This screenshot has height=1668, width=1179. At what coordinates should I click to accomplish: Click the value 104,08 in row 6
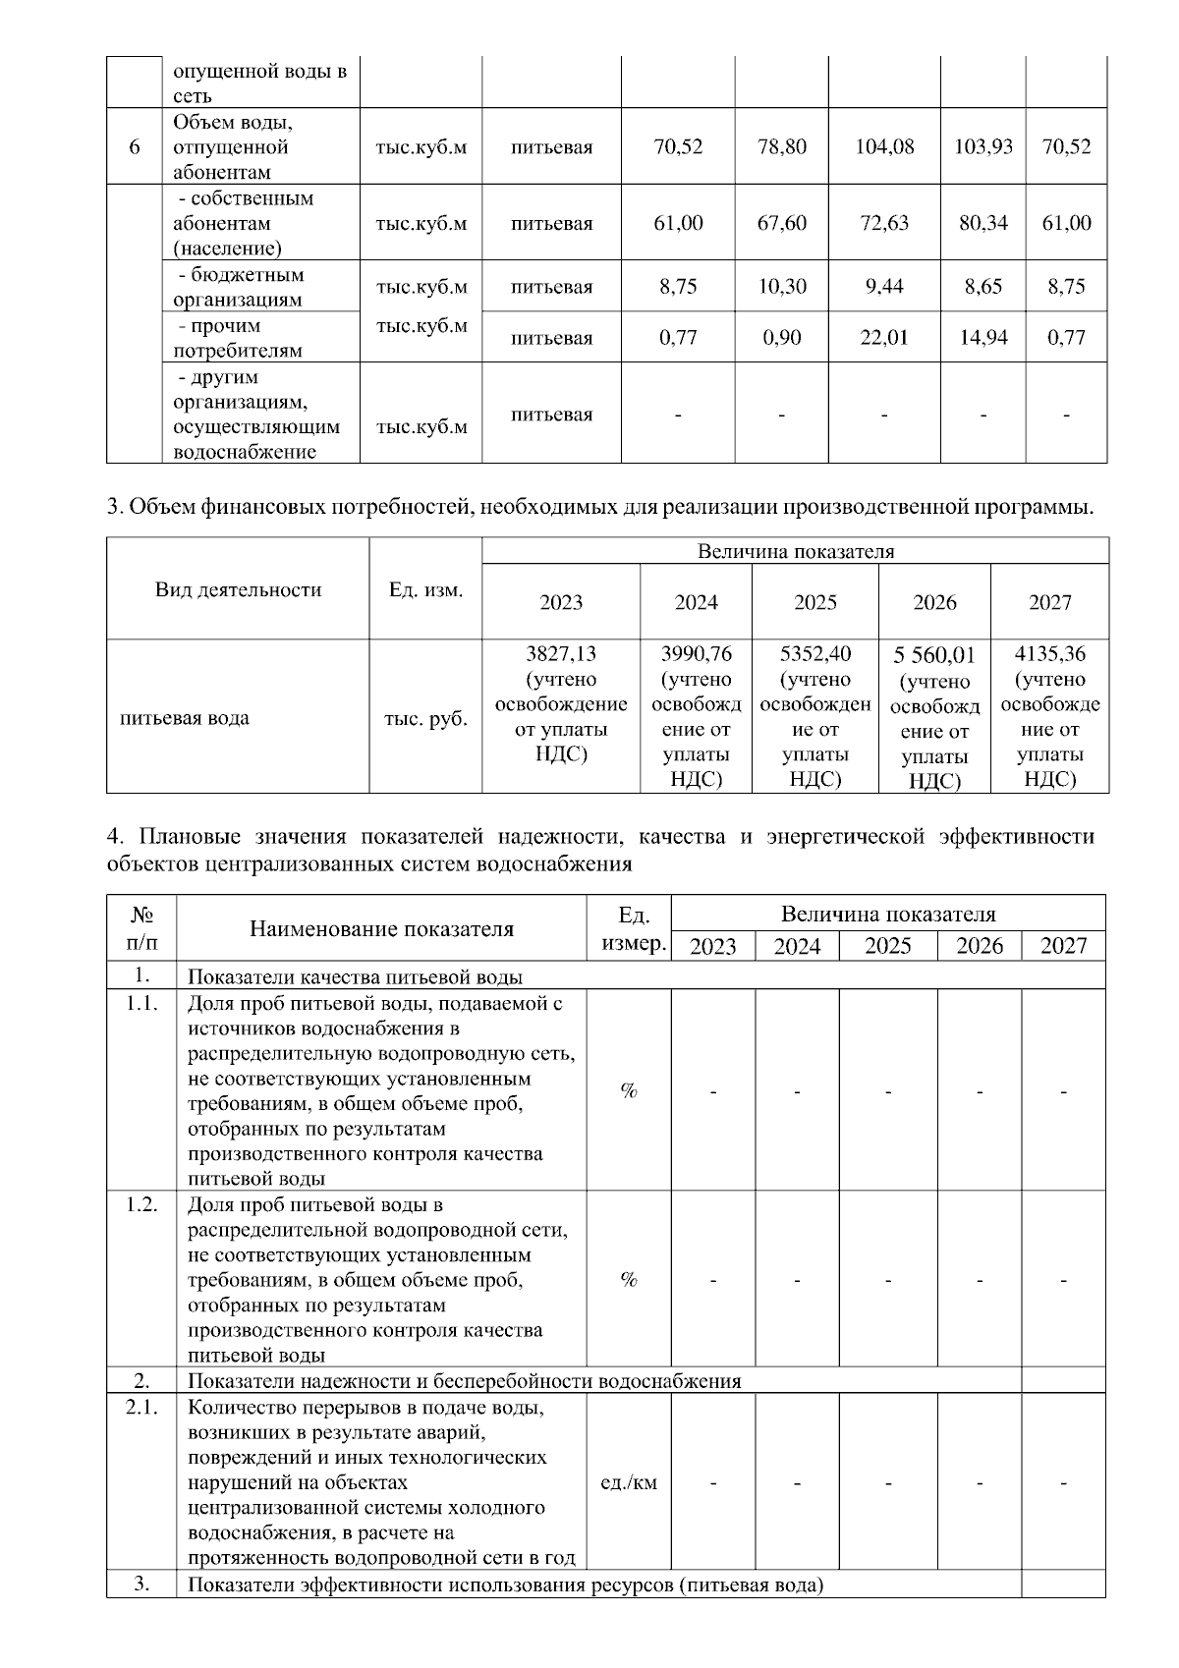coord(884,147)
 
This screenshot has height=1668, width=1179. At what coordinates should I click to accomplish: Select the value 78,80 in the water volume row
coord(782,147)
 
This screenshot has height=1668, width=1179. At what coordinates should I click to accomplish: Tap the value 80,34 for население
coord(982,223)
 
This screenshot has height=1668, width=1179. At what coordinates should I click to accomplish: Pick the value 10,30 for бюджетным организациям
coord(782,287)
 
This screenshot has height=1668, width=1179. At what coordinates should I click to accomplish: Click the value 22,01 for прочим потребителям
coord(884,338)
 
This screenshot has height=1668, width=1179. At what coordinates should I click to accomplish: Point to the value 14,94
coord(982,338)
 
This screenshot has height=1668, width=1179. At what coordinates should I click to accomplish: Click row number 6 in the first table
coord(135,147)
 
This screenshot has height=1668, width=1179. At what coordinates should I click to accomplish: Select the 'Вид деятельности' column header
coord(238,589)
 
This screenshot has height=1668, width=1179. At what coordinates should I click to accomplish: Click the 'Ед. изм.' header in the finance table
coord(425,589)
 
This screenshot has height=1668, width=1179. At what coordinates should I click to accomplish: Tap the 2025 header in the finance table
coord(814,602)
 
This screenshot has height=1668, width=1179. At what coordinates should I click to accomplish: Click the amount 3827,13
coord(561,654)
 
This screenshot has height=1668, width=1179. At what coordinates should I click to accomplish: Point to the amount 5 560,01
coord(934,656)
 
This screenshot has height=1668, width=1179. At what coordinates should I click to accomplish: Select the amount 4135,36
coord(1049,654)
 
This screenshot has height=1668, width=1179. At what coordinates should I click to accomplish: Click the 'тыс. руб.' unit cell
coord(425,718)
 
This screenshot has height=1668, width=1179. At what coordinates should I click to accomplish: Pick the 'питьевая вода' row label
coord(185,718)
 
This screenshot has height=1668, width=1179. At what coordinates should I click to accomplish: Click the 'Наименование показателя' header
coord(381,928)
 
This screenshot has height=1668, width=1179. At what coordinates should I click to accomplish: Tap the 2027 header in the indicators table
coord(1063,946)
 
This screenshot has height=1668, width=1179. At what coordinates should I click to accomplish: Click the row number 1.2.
coord(141,1204)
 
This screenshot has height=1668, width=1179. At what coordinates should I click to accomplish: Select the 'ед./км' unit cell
coord(629,1482)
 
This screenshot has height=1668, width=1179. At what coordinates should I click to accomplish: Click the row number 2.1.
coord(141,1407)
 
